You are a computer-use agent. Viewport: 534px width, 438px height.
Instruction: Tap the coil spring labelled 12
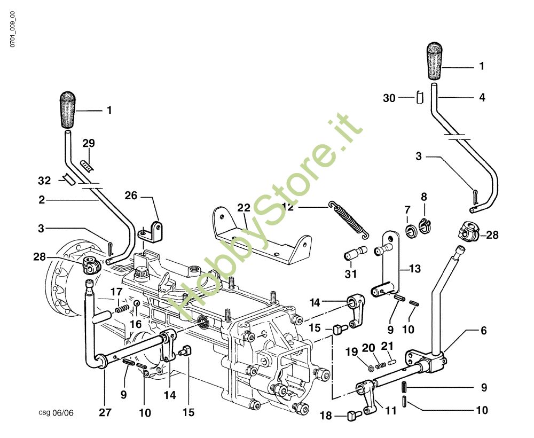tap(348, 219)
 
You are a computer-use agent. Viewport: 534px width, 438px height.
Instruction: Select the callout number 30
tap(390, 98)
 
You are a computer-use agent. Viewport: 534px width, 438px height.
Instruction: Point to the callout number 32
tap(44, 181)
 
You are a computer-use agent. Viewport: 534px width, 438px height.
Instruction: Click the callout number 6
tap(484, 331)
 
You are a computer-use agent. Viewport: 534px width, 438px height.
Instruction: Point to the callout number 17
tap(117, 291)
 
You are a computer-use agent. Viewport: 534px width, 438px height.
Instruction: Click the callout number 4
tap(482, 98)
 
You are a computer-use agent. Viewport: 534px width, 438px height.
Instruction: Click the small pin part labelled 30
tap(419, 98)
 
